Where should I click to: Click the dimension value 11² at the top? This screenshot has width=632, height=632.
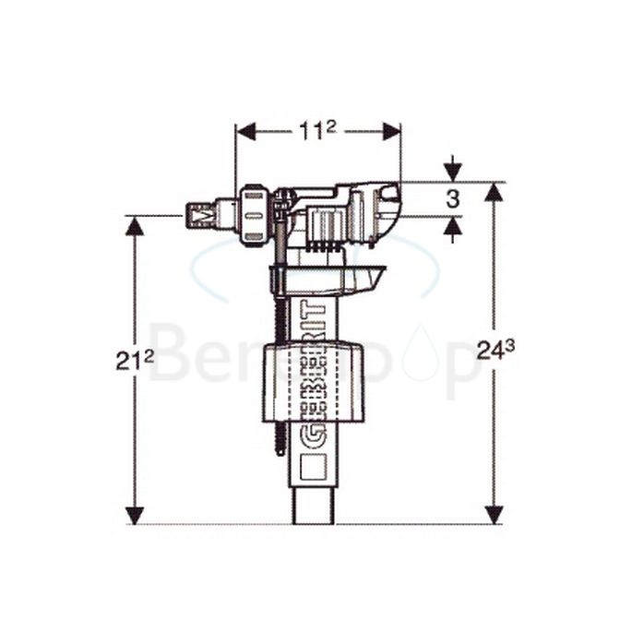coord(316,131)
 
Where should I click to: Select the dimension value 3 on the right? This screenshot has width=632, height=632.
coord(452,199)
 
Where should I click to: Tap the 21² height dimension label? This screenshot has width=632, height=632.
coord(135,361)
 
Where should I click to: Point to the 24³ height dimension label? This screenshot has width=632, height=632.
coord(495,350)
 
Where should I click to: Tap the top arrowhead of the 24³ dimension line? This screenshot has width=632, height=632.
coord(495,192)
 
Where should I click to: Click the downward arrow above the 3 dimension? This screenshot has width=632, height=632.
coord(452,172)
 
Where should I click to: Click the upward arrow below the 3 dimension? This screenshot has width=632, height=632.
coord(452,227)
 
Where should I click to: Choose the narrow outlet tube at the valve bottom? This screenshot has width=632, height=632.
coord(313,506)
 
